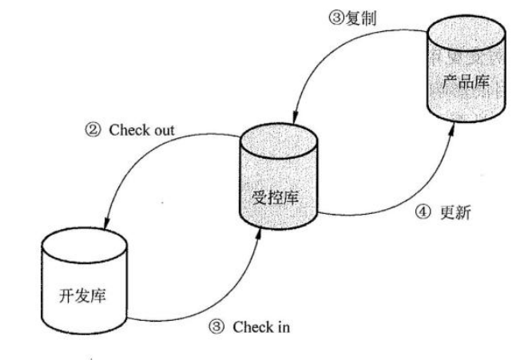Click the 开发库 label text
tap(83, 295)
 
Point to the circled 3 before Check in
tap(216, 327)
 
